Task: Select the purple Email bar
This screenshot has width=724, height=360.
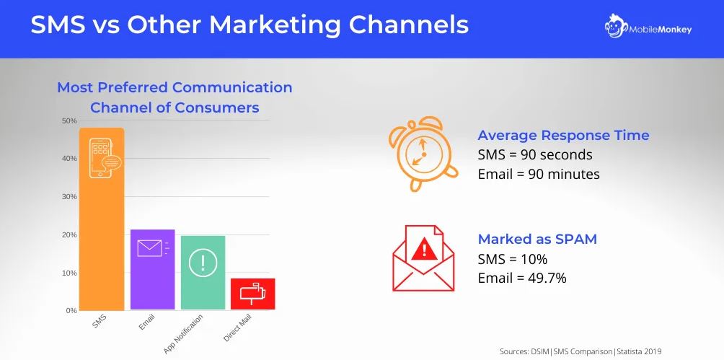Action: click(152, 270)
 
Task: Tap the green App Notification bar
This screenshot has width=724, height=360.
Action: click(203, 273)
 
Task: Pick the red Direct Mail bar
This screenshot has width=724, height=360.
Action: click(253, 294)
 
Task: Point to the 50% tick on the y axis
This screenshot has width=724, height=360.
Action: click(69, 120)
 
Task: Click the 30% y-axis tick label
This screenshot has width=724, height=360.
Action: click(69, 196)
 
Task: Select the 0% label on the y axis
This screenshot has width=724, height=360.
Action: click(71, 310)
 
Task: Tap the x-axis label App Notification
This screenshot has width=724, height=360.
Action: click(185, 333)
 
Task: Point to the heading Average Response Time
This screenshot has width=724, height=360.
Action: click(563, 136)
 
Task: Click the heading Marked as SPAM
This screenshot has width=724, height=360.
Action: click(537, 239)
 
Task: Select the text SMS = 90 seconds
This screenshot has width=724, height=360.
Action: click(535, 154)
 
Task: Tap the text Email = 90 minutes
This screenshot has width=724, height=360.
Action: click(539, 174)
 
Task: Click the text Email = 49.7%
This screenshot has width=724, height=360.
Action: click(522, 278)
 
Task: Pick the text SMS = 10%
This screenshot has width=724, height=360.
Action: click(513, 258)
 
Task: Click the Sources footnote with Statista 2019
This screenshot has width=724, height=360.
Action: click(580, 351)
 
